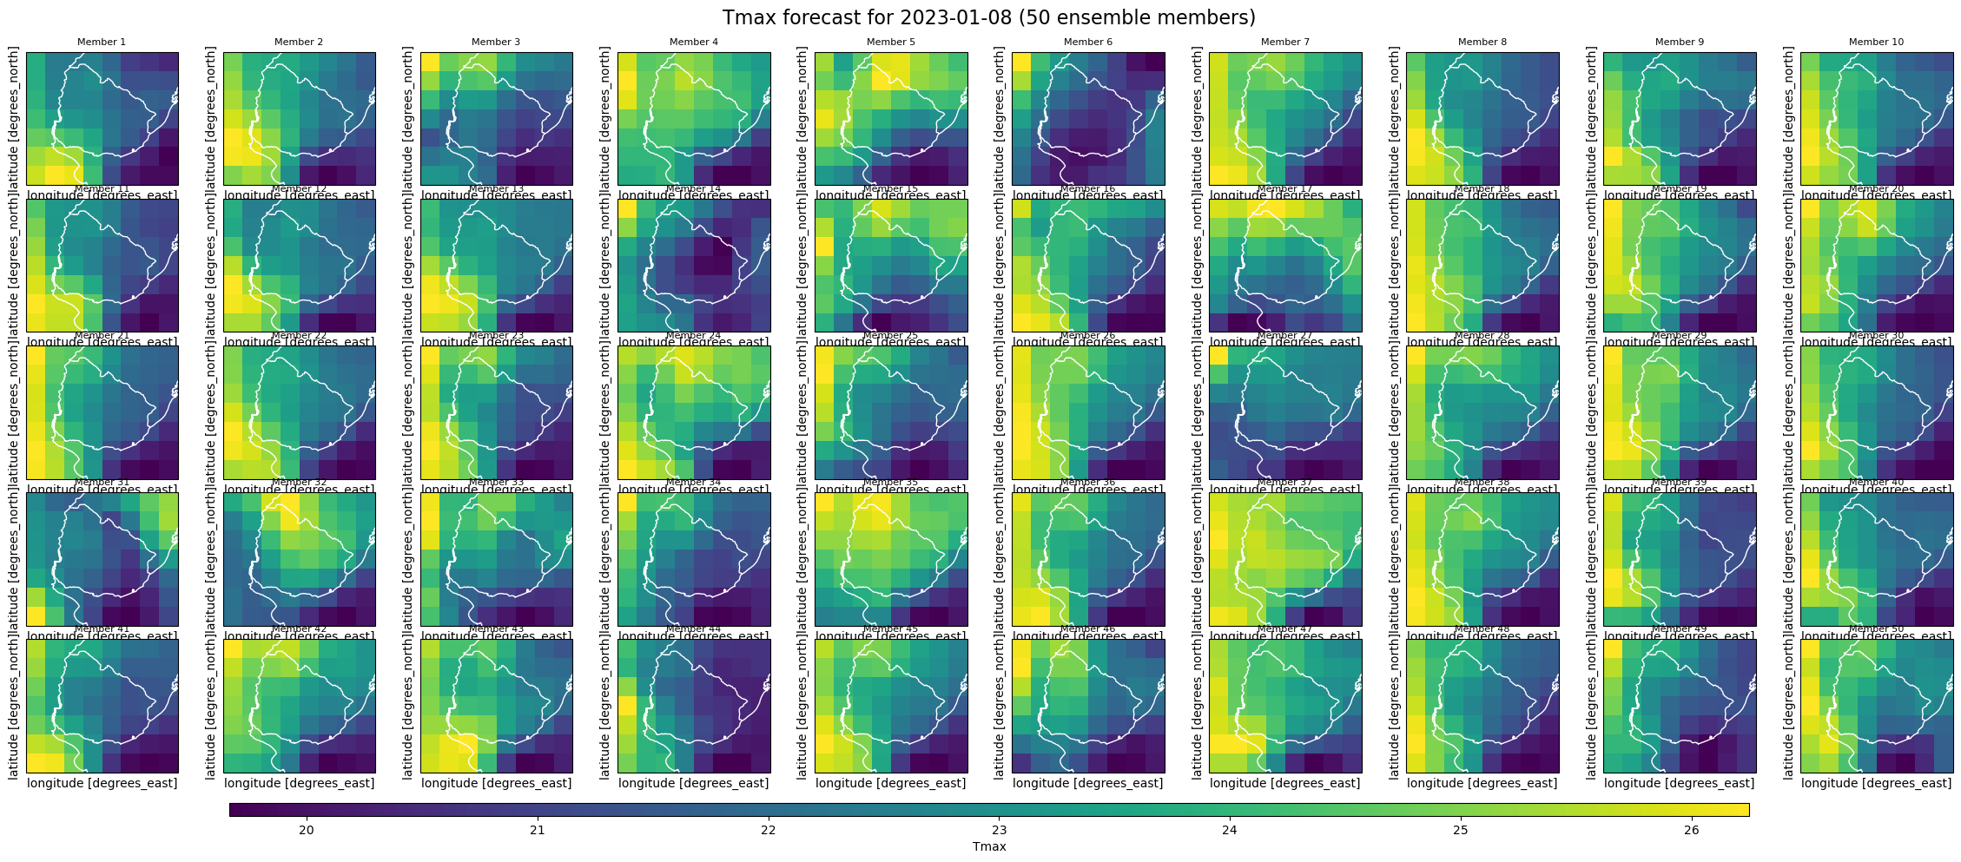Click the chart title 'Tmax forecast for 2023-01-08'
click(x=988, y=17)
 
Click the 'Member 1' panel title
click(x=102, y=42)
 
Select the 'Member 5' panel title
click(x=890, y=42)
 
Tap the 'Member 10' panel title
click(x=1876, y=42)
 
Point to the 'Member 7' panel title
click(x=1284, y=42)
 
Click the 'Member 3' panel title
click(x=496, y=42)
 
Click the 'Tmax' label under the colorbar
click(x=988, y=846)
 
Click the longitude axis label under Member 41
click(x=102, y=783)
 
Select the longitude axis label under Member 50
click(x=1876, y=783)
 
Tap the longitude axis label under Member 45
click(x=890, y=783)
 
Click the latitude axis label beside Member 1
click(x=14, y=118)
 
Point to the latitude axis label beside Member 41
click(x=14, y=706)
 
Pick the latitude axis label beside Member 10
click(x=1788, y=118)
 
